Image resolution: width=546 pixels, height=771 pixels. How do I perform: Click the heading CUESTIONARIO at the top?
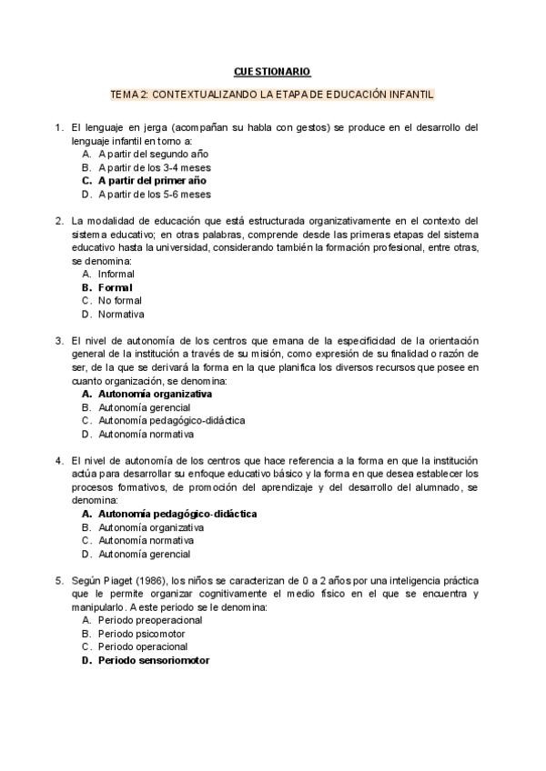(x=272, y=71)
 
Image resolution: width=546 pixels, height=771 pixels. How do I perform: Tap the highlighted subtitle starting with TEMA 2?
(x=272, y=94)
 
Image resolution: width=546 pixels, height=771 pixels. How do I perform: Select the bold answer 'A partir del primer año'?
(x=153, y=181)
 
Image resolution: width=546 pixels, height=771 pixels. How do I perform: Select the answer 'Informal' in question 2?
(x=116, y=274)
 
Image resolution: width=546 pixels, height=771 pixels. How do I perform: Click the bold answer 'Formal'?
(x=116, y=287)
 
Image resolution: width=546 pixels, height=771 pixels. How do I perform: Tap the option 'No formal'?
(x=120, y=300)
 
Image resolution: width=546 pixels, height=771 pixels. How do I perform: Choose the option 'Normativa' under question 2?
(x=121, y=314)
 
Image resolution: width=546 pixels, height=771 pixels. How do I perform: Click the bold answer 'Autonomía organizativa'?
(x=155, y=395)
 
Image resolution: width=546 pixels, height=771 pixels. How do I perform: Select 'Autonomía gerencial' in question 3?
(x=145, y=407)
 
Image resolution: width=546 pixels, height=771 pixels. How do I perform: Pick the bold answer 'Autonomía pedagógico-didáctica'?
(x=177, y=514)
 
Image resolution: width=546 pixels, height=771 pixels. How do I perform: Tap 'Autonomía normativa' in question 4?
(x=146, y=540)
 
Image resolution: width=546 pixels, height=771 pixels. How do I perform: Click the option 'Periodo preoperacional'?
(x=150, y=620)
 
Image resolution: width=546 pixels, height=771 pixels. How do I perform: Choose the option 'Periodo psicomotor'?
(x=142, y=633)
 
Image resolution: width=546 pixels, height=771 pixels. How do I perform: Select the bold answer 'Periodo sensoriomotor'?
(x=154, y=660)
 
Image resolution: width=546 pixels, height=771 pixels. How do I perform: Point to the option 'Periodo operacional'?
(x=145, y=646)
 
